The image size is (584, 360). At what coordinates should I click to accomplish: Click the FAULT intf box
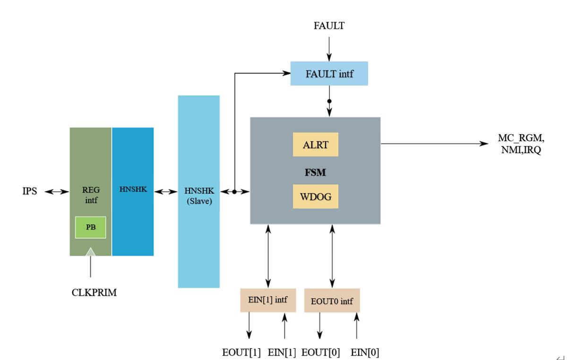[329, 74]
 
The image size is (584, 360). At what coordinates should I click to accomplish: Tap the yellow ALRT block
[316, 145]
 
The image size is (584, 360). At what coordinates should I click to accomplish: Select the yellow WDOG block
[316, 196]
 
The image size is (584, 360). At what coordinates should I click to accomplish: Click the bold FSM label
[315, 172]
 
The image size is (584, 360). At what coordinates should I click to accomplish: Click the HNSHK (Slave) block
[198, 191]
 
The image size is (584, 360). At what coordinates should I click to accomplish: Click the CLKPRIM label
[91, 293]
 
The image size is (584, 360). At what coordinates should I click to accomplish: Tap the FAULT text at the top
[329, 26]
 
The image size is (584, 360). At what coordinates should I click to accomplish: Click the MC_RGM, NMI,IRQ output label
[517, 144]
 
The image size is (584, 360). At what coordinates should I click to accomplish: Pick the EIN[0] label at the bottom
[365, 352]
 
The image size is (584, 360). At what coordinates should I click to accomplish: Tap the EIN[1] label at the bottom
[282, 352]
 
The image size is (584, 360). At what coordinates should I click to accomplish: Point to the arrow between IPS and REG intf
[59, 192]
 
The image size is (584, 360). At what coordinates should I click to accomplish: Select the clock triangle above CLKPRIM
[90, 252]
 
